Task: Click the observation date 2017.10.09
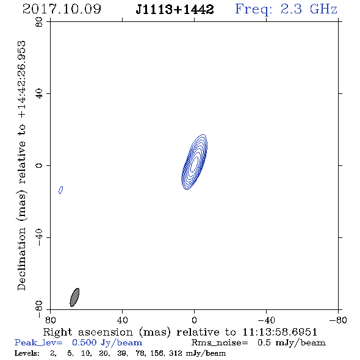[62, 9]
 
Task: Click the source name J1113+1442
[175, 9]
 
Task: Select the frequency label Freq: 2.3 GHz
[286, 9]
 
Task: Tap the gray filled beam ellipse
[74, 297]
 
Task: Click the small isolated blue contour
[61, 190]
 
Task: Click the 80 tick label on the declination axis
[39, 22]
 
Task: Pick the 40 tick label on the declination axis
[39, 94]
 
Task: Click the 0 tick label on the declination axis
[39, 165]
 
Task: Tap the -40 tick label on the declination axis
[39, 237]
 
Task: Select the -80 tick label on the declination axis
[39, 309]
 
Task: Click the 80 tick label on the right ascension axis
[50, 320]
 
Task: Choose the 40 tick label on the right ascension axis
[122, 320]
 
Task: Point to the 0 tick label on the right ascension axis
[194, 320]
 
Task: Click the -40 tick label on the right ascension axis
[266, 320]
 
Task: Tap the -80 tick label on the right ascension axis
[338, 320]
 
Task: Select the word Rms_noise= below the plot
[220, 343]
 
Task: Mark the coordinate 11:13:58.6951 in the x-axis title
[279, 332]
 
